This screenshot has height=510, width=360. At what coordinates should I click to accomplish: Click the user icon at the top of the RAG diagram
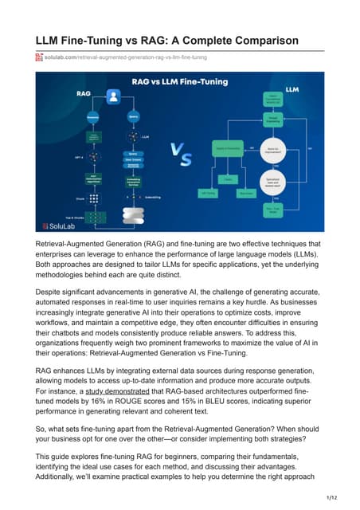tap(113, 96)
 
